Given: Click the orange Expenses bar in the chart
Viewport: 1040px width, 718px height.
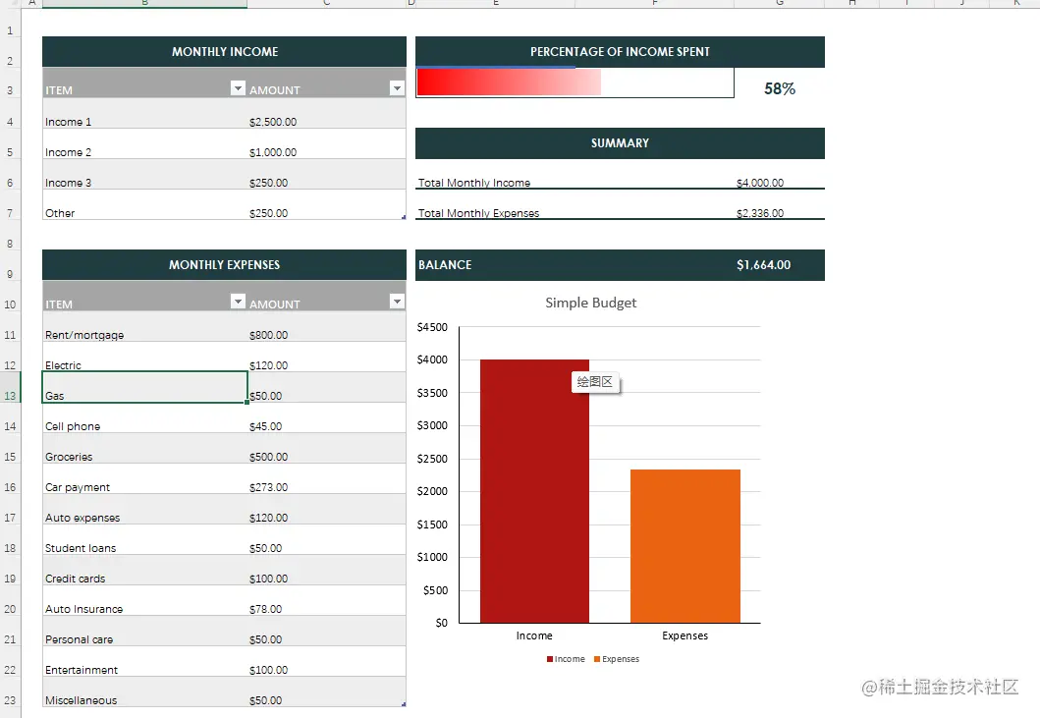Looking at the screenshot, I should [x=684, y=546].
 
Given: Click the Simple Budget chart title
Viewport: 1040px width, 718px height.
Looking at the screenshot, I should [x=590, y=303].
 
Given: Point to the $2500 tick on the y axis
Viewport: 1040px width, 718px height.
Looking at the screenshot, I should [x=432, y=459].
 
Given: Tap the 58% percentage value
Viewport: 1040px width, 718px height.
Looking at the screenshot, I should [x=780, y=88].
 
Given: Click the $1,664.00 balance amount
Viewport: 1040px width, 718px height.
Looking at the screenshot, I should [x=763, y=265].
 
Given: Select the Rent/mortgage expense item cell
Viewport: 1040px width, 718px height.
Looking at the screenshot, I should [x=84, y=335].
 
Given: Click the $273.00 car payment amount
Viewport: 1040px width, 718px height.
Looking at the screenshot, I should [x=269, y=487].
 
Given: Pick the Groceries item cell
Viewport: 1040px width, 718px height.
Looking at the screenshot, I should [x=69, y=457].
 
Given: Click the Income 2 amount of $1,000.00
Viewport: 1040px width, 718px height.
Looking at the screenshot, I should [x=273, y=152].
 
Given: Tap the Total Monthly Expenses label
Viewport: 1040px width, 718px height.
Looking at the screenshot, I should [x=479, y=213].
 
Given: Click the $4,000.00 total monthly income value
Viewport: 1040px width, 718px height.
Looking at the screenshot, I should [x=760, y=183].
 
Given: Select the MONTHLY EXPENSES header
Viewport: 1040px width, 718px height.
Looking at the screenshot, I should [x=224, y=265].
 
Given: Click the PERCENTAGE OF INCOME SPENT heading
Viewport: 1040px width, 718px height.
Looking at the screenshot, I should [x=620, y=52].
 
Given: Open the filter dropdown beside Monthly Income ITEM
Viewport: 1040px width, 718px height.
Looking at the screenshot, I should [x=237, y=88].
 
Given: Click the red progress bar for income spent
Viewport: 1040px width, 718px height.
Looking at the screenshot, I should [x=508, y=83].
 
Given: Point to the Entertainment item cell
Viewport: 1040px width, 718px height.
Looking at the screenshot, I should [x=82, y=670].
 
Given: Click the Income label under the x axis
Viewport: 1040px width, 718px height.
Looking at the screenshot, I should [x=534, y=635].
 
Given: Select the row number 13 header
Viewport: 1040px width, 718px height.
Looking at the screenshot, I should [x=10, y=396].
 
